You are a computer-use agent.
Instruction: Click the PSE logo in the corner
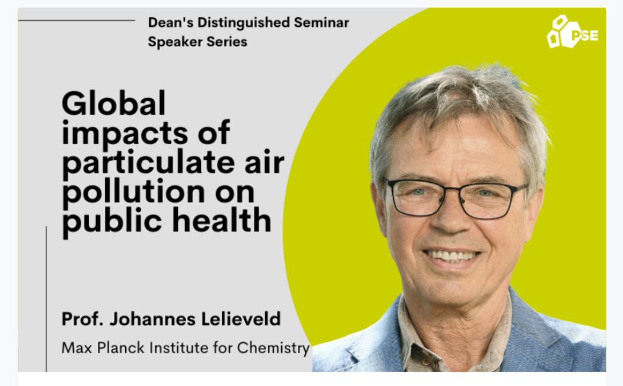572,32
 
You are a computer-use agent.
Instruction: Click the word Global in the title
114,103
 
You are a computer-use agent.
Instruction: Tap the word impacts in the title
125,134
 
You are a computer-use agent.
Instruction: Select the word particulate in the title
148,163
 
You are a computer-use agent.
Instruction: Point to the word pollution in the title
133,192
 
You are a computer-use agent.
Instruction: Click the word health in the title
222,220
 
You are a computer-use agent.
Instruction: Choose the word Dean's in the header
170,23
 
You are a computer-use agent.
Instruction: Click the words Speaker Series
198,42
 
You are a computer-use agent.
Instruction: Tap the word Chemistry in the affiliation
274,348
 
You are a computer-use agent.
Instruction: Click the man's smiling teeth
451,255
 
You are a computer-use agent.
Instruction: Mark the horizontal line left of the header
77,20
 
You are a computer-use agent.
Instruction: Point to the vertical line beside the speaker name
46,299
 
